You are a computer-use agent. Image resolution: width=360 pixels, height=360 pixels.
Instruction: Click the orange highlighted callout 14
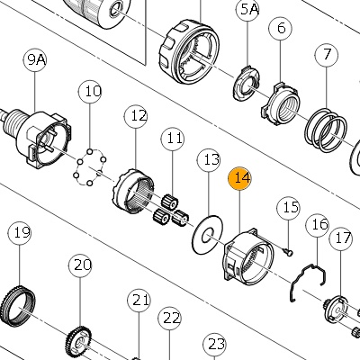click(x=239, y=178)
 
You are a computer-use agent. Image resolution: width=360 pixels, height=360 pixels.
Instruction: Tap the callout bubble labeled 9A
click(x=35, y=59)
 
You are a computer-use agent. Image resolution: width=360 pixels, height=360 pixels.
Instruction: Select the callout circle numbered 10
click(x=90, y=91)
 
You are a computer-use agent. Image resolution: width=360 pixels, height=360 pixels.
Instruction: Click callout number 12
click(x=136, y=116)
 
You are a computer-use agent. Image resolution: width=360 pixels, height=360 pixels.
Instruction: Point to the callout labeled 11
click(x=173, y=139)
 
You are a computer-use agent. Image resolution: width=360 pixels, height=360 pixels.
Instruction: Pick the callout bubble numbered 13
click(x=209, y=159)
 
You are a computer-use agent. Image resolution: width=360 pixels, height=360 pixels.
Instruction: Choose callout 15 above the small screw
click(x=288, y=208)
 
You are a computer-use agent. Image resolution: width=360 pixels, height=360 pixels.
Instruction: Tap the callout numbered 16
click(x=318, y=224)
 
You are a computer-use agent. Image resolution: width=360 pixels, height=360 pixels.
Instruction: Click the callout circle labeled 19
click(x=20, y=233)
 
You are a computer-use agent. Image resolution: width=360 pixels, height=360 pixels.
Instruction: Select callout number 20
click(x=80, y=265)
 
